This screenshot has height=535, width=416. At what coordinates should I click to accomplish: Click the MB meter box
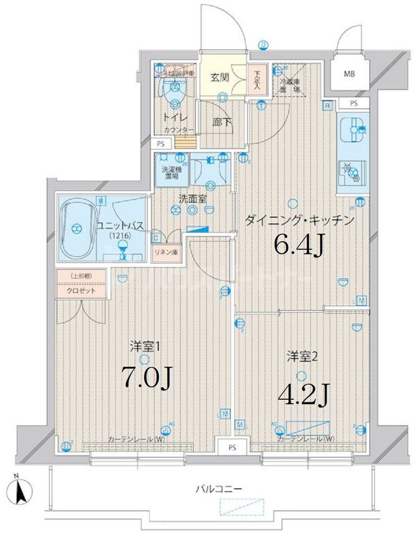click(x=349, y=74)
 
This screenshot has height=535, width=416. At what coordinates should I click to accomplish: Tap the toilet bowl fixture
click(x=172, y=94)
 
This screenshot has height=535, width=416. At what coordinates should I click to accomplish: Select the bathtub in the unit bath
click(x=78, y=228)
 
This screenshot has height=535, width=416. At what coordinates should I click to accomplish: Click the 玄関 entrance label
click(x=220, y=78)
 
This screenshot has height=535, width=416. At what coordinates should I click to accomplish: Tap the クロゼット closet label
click(x=81, y=291)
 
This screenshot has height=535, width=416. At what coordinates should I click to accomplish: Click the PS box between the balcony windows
click(x=232, y=447)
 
